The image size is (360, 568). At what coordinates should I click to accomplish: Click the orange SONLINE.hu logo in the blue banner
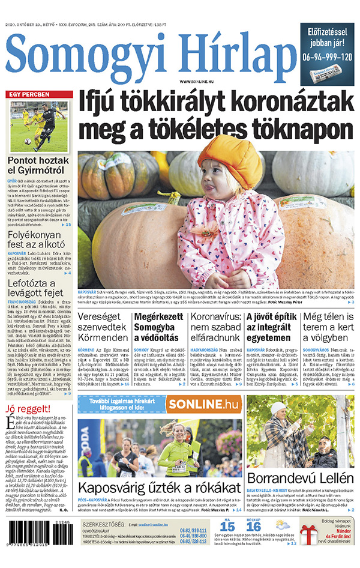pos(204,404)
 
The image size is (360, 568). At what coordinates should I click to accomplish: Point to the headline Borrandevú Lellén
pos(301,478)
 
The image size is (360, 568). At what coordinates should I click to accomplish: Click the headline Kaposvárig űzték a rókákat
pos(160,487)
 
